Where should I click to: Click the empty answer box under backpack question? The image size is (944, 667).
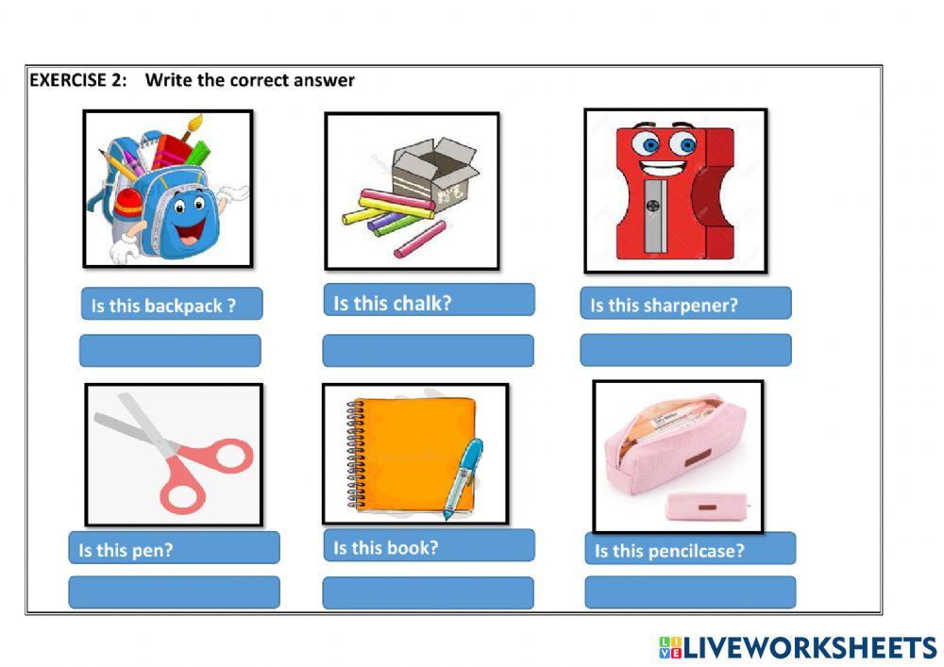170,350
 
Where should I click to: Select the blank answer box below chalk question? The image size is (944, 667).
429,350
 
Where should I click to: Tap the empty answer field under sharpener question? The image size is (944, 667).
685,349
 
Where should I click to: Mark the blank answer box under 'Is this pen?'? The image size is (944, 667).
174,592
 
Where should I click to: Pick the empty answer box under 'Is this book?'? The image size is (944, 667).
429,592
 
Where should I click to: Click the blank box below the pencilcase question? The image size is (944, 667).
690,592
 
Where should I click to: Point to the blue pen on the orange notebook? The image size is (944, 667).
463,477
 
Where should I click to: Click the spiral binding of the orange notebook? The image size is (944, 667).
355,454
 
